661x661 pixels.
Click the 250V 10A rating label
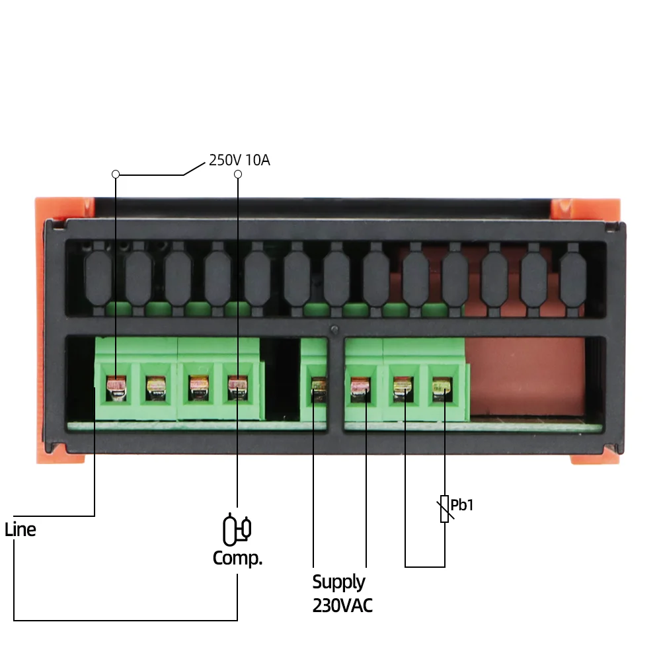239,160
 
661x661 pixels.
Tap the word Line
20,529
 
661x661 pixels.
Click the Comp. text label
237,559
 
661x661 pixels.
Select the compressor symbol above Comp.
237,529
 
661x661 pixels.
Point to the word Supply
338,582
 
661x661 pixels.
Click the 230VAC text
342,605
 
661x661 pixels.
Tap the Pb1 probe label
463,506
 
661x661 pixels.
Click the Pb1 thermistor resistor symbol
444,509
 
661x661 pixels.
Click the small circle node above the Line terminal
116,174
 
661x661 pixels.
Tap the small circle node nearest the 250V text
238,174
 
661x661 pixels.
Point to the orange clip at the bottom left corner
63,457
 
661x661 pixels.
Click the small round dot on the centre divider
334,329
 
